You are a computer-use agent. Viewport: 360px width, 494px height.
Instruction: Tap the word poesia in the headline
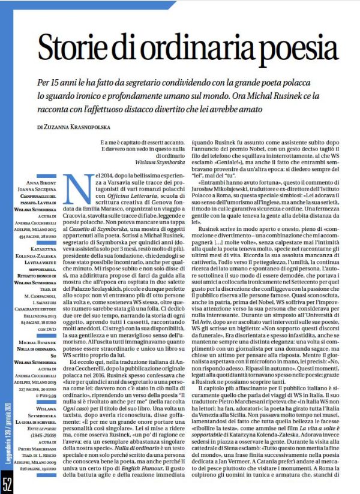pyautogui.click(x=295, y=49)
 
